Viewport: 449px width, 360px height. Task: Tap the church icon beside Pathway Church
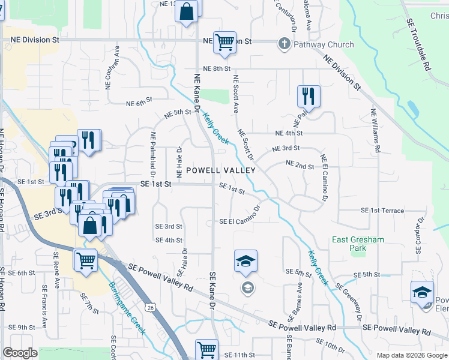pyautogui.click(x=284, y=43)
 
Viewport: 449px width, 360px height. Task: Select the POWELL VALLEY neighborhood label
pyautogui.click(x=221, y=170)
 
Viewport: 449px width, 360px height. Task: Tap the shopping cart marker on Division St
pyautogui.click(x=224, y=43)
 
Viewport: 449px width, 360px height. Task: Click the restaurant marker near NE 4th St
pyautogui.click(x=309, y=95)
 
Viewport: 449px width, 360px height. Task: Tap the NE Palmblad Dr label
pyautogui.click(x=154, y=158)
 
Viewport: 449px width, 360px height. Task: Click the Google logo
pyautogui.click(x=20, y=352)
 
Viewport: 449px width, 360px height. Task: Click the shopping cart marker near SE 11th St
pyautogui.click(x=206, y=349)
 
